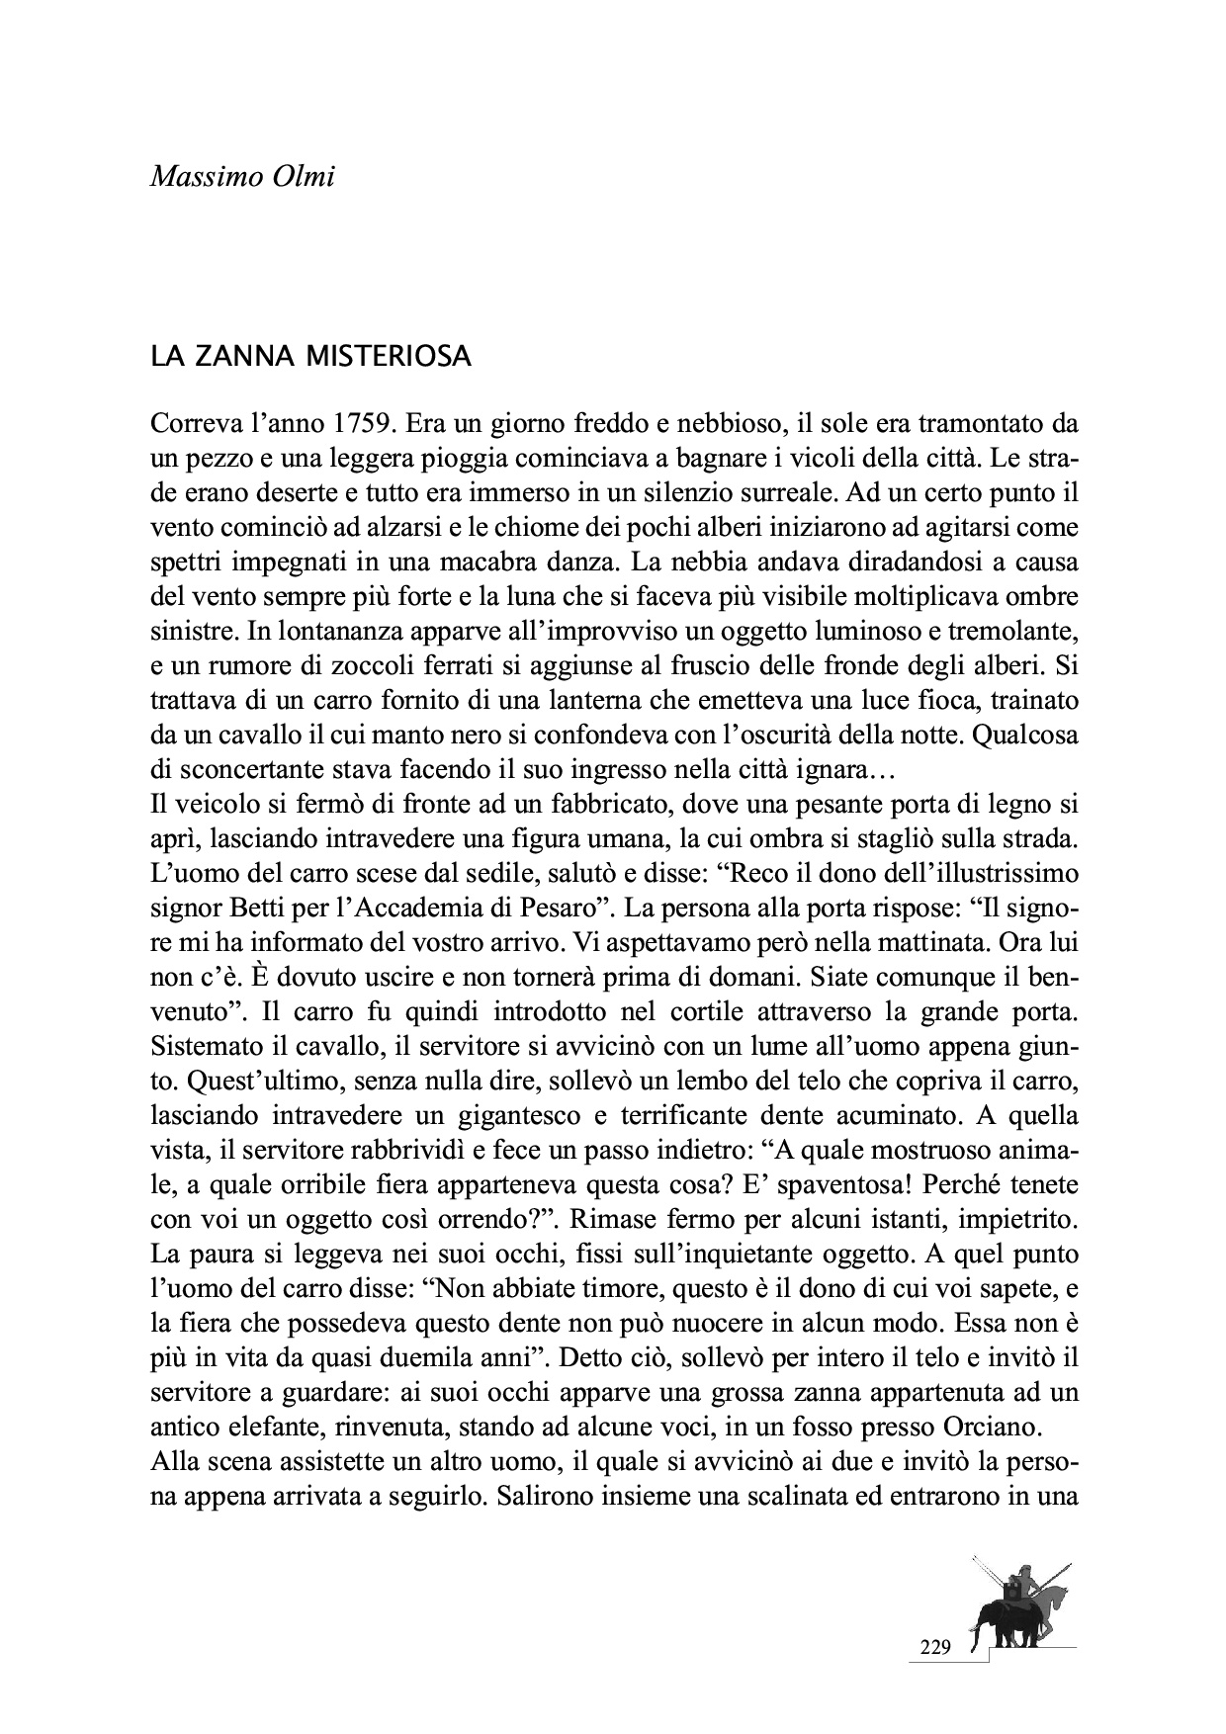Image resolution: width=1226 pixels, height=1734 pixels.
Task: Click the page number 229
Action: click(934, 1647)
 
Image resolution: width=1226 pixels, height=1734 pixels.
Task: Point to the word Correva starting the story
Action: click(193, 425)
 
